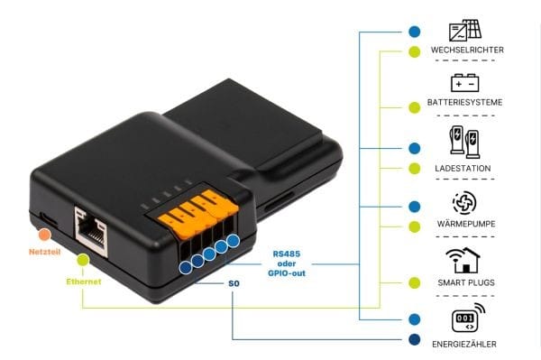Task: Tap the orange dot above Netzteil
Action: tap(44, 235)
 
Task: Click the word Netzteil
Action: tap(44, 252)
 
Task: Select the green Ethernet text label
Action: tap(84, 282)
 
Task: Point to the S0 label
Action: tap(234, 283)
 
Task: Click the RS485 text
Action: tap(287, 254)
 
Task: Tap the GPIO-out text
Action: tap(287, 273)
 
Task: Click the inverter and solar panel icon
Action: tap(465, 31)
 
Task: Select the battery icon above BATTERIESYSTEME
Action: tap(464, 83)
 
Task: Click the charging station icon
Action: tap(464, 142)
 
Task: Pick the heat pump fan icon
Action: tap(464, 203)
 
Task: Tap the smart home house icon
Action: tap(463, 260)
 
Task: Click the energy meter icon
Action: tap(468, 318)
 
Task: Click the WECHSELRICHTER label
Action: tap(467, 50)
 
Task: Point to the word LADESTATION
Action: tap(463, 169)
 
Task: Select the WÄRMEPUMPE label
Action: tap(466, 224)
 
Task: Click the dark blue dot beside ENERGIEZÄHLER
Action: tap(415, 339)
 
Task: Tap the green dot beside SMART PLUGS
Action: tap(415, 282)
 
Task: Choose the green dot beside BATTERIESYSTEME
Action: tap(415, 107)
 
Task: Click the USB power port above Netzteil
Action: tap(49, 219)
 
